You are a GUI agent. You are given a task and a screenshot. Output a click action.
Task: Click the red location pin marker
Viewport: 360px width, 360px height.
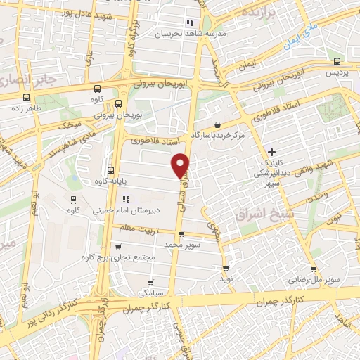point(181,165)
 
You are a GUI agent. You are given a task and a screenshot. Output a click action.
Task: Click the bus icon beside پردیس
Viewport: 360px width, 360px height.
point(337,61)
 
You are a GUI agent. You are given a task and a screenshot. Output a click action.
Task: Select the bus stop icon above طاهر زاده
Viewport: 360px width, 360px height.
point(26,98)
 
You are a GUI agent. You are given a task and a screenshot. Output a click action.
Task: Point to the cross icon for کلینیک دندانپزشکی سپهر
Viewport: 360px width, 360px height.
point(272,151)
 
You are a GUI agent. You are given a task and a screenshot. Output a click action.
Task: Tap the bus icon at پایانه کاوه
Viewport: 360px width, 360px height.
point(110,170)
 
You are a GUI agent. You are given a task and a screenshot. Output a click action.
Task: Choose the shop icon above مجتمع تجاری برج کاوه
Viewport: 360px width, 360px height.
point(117,246)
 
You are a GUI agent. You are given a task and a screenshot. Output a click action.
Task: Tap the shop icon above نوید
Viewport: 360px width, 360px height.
point(226,269)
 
